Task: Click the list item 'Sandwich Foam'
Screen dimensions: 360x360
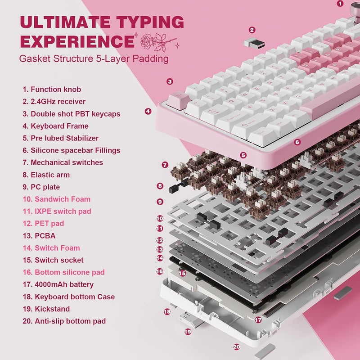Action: point(56,199)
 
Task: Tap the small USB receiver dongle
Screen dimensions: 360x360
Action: point(252,43)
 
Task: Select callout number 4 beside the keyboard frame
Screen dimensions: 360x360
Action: point(148,111)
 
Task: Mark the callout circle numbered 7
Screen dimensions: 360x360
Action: point(165,165)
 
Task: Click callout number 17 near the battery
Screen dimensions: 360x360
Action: point(258,319)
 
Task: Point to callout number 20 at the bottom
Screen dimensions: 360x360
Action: point(237,347)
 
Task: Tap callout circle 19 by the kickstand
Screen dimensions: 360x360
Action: point(188,332)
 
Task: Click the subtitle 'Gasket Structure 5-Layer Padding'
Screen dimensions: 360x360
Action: point(94,58)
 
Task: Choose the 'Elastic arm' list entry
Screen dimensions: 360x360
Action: point(50,175)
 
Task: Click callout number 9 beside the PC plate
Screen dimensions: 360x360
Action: point(160,202)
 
